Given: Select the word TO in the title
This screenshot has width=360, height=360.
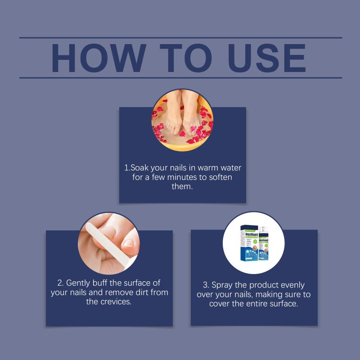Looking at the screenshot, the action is coord(186,58).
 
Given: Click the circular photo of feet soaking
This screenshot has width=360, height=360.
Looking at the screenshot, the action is coord(182,120).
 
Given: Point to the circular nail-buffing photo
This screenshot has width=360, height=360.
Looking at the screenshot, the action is coord(109,243).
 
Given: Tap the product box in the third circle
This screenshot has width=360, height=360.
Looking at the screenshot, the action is coord(249,243).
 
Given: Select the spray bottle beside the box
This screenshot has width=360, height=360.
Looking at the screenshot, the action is coord(264,243).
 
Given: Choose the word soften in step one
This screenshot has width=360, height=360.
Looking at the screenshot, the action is coord(220,177).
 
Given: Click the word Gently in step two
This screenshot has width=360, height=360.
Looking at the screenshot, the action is coord(78,283).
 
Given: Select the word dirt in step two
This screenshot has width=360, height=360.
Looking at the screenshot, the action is coord(142,292).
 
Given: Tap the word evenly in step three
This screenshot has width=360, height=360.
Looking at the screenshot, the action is coord(293,285).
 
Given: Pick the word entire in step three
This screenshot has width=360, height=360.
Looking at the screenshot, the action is coord(256,303).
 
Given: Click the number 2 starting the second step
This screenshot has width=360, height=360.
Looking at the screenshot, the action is coord(60,283).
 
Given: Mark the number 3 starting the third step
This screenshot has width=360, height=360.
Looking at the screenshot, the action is coord(206,285).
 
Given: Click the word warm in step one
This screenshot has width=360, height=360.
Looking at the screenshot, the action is coord(208,168).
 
